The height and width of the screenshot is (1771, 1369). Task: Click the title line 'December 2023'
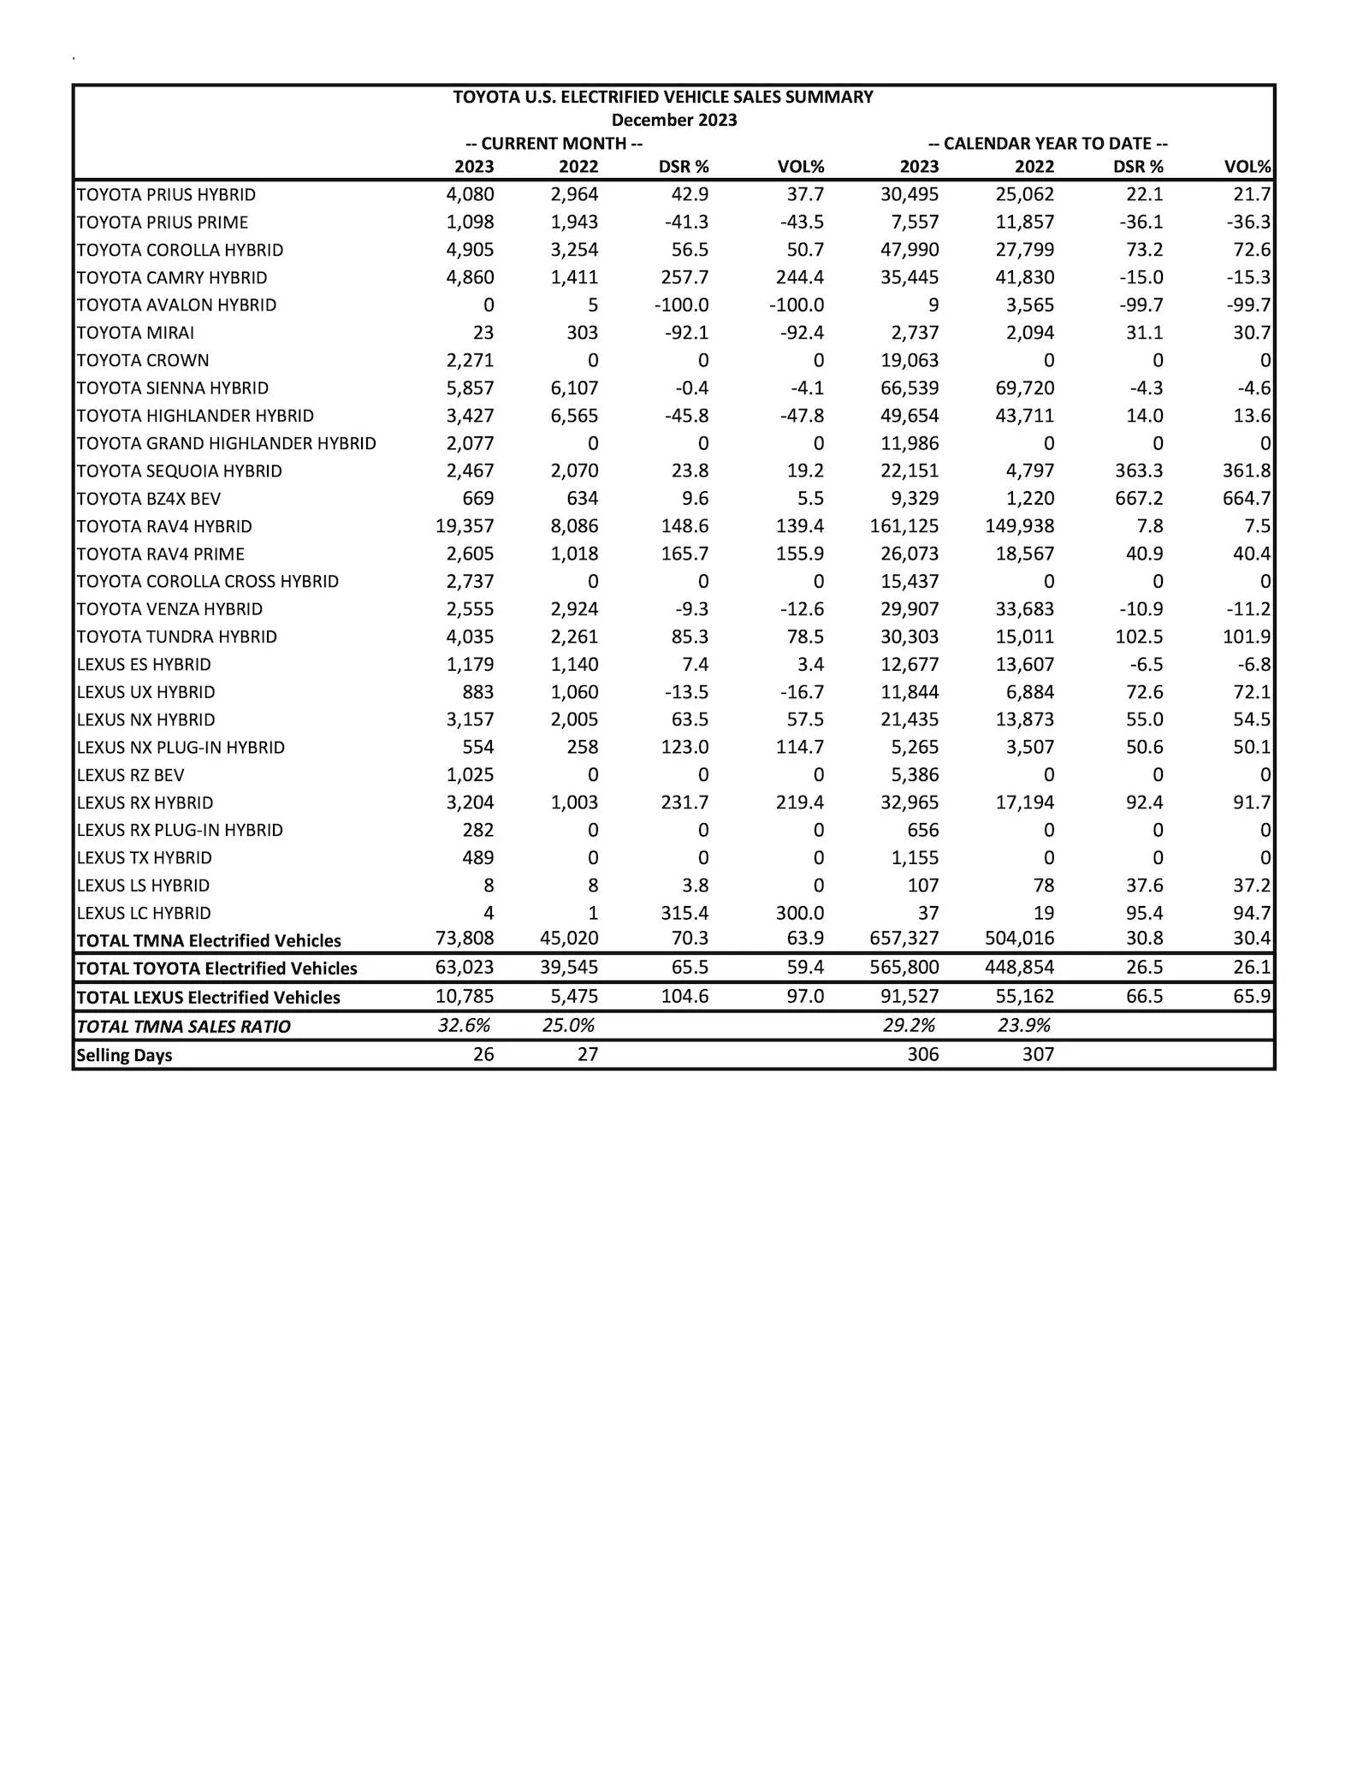[674, 120]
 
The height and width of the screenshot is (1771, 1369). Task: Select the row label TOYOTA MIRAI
[135, 333]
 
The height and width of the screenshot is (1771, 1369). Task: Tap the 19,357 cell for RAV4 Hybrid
[465, 526]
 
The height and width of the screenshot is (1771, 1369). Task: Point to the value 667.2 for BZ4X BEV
[1139, 499]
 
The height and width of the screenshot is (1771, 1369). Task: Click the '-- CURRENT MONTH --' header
[554, 144]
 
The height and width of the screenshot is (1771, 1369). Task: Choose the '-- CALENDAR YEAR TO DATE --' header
[1047, 144]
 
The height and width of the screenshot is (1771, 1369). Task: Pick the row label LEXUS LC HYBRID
[144, 913]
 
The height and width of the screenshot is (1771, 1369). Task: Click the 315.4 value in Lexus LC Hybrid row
[684, 913]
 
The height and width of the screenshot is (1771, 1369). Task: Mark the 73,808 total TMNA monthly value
[465, 939]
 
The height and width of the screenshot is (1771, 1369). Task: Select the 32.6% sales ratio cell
[464, 1025]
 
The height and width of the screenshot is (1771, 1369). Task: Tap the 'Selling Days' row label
[124, 1055]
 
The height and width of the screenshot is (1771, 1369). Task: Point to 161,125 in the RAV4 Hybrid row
[904, 526]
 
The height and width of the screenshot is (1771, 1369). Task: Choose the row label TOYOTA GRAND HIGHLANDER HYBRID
[226, 443]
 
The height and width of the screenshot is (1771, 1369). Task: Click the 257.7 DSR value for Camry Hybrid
[684, 278]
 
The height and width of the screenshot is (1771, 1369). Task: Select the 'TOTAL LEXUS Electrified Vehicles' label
[208, 998]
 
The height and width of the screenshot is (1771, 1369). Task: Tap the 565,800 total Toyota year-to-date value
[904, 968]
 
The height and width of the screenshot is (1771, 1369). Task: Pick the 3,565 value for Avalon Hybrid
[1030, 305]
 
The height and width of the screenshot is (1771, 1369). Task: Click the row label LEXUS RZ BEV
[130, 775]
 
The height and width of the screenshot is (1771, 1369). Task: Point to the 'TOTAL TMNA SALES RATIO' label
[183, 1027]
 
